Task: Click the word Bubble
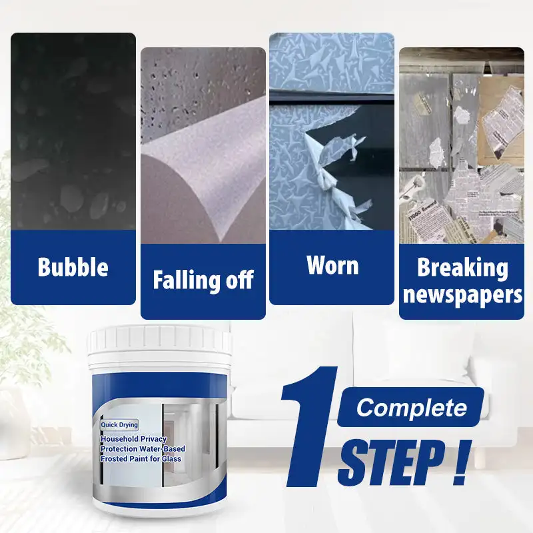pyautogui.click(x=73, y=267)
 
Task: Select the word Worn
pyautogui.click(x=332, y=265)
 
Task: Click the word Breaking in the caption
pyautogui.click(x=462, y=268)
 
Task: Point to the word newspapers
pyautogui.click(x=462, y=294)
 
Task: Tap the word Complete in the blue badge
pyautogui.click(x=410, y=407)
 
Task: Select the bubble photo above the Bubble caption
pyautogui.click(x=73, y=133)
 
